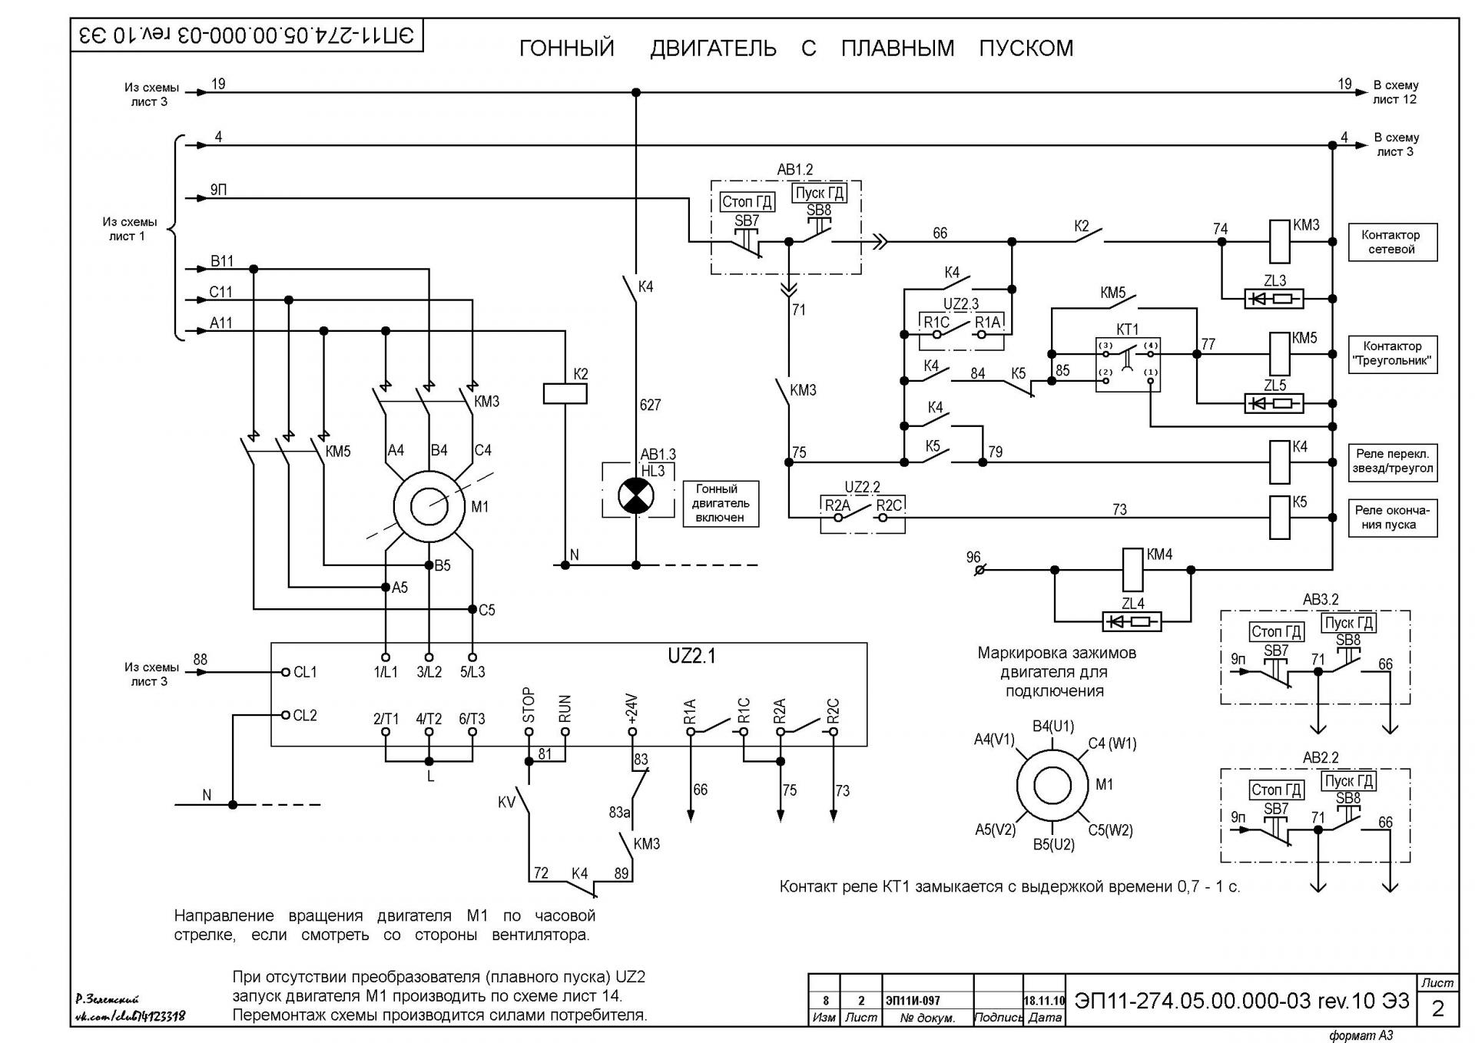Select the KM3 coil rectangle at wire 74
[x=1278, y=241]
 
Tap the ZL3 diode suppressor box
[x=1274, y=299]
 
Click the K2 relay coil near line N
[x=565, y=393]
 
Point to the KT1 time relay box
[x=1128, y=365]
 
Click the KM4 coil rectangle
[x=1133, y=569]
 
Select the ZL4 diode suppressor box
[x=1132, y=621]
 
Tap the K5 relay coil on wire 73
[x=1279, y=518]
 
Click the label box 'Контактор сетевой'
[x=1392, y=242]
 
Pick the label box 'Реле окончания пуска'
[x=1392, y=518]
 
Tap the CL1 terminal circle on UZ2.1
[x=286, y=672]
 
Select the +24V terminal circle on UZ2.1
[x=632, y=732]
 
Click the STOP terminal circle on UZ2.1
[x=529, y=732]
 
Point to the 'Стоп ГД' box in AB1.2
[x=747, y=202]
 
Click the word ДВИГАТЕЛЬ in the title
[x=713, y=48]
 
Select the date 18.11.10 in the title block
[x=1044, y=1001]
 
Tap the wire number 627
[x=651, y=405]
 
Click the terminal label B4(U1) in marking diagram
[x=1053, y=726]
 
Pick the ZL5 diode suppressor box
[x=1274, y=403]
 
